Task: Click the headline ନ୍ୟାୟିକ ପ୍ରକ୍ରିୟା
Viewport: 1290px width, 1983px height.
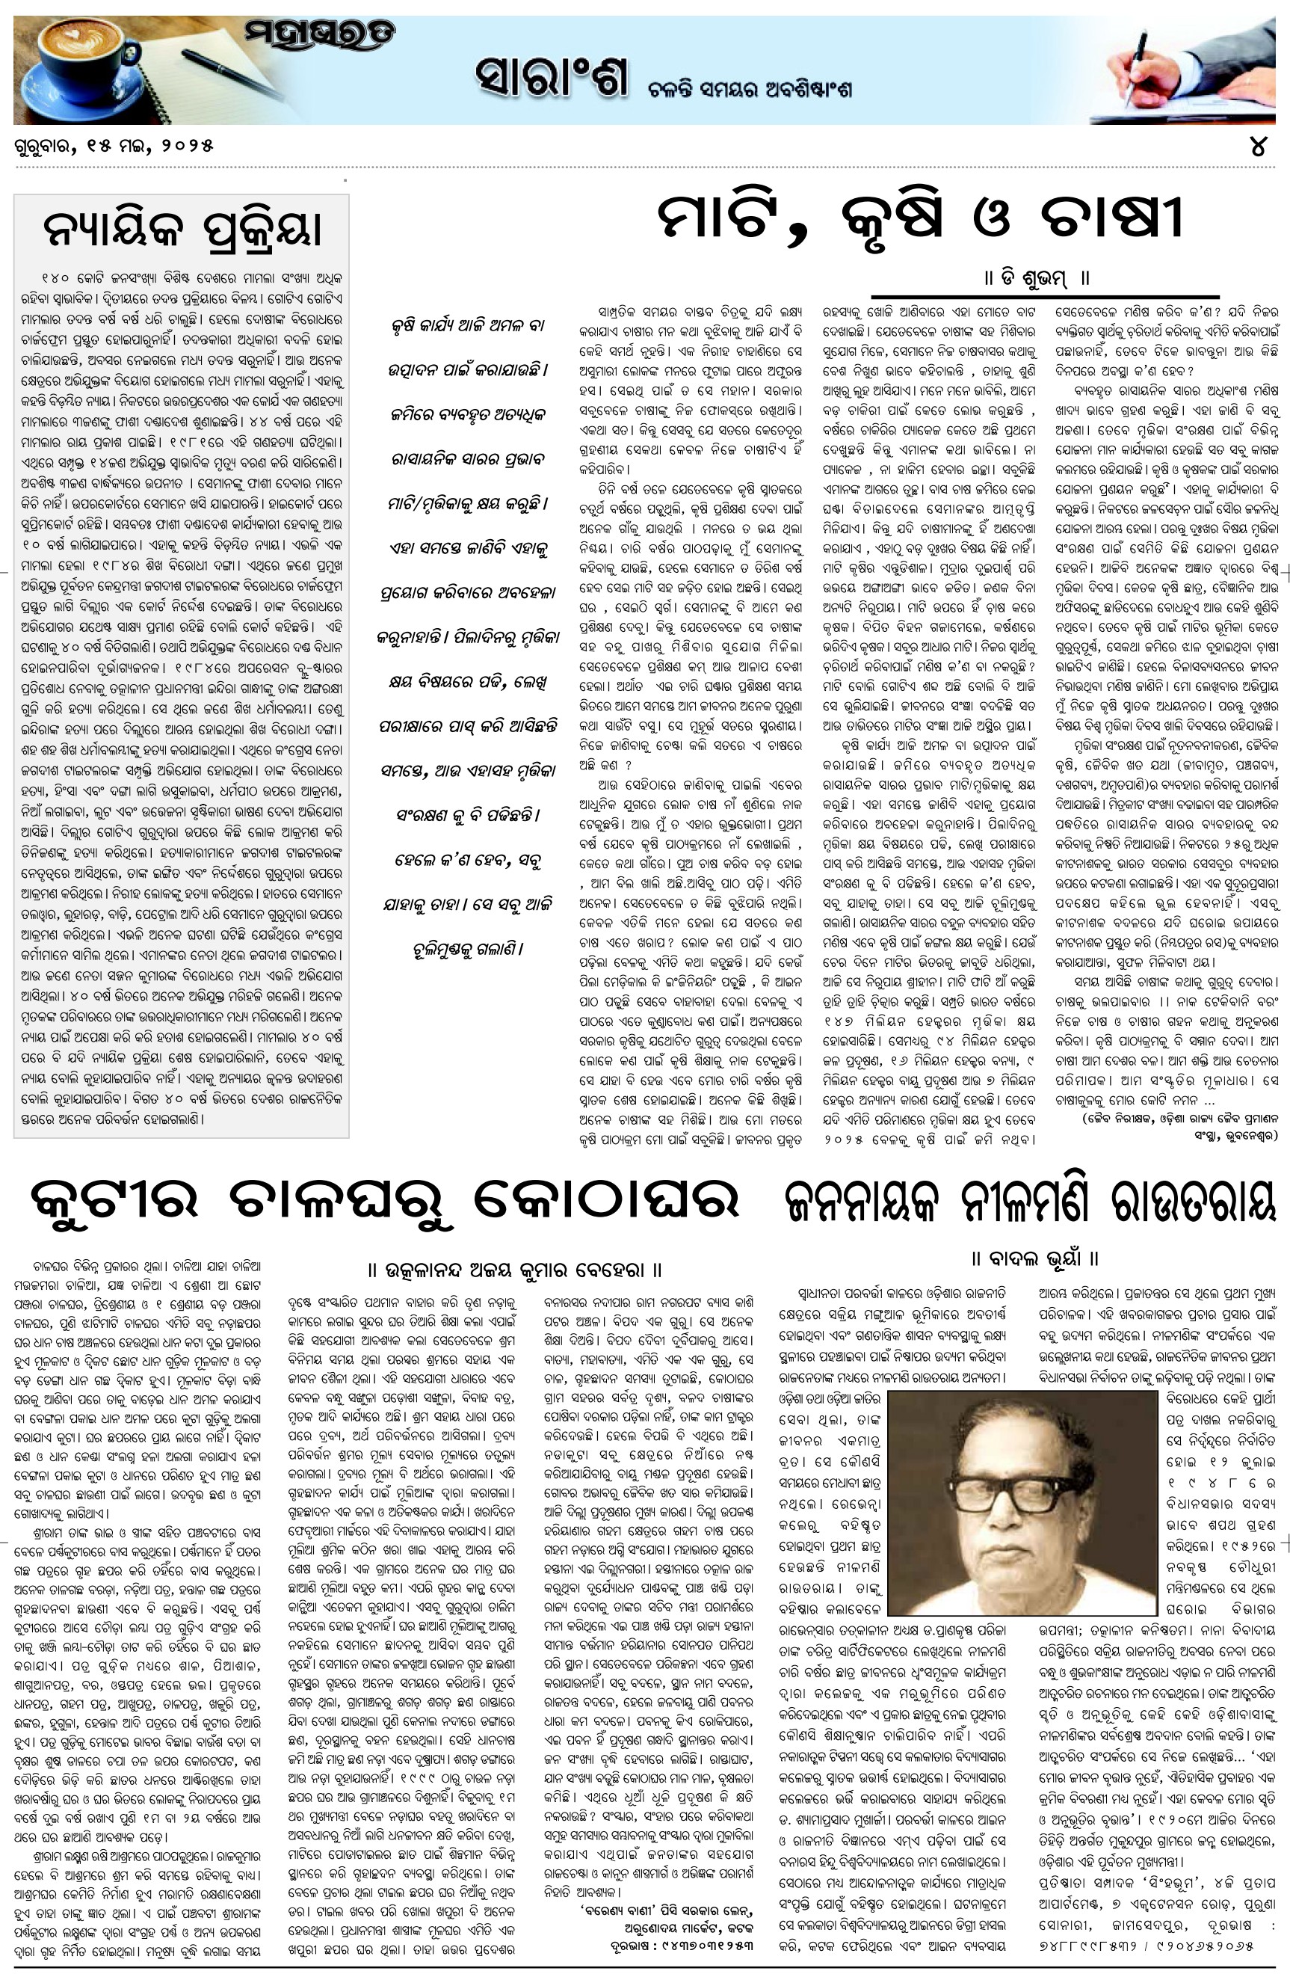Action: (x=182, y=229)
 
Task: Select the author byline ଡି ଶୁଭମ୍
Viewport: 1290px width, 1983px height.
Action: (x=1036, y=277)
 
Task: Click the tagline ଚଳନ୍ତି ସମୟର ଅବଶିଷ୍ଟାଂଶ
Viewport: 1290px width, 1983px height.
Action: (x=750, y=90)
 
